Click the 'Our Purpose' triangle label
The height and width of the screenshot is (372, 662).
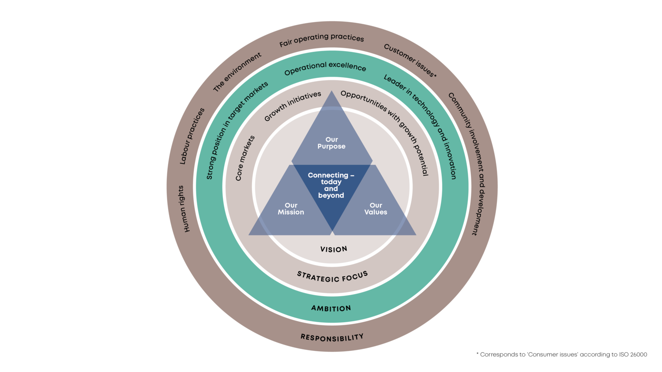coord(331,143)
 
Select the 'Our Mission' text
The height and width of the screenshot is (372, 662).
coord(291,208)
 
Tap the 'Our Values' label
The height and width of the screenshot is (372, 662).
coord(376,208)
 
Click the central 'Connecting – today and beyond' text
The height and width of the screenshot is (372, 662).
coord(331,185)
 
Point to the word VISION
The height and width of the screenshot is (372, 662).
coord(334,249)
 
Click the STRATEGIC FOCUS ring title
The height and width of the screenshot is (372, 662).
coord(332,277)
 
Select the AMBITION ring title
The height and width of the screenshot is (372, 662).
coord(331,308)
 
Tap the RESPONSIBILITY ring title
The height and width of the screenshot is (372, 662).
coord(332,338)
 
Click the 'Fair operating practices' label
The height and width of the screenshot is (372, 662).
coord(322,40)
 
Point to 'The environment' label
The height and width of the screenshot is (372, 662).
coord(237,72)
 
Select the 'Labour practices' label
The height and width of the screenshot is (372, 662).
coord(192,136)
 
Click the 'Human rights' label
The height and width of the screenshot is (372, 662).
coord(184,208)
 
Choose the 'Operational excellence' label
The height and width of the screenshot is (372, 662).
coord(325,68)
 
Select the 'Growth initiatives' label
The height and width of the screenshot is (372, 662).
coord(293,106)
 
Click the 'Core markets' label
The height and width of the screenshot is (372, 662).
coord(245,158)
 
